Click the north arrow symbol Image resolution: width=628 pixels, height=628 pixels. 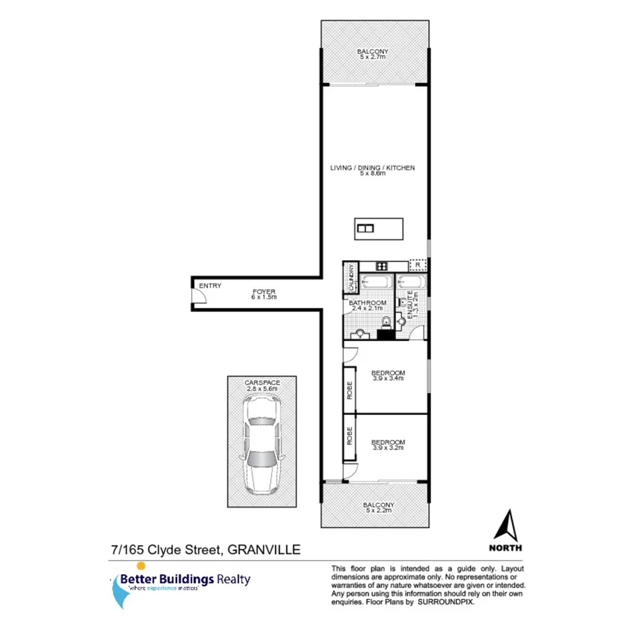tap(509, 525)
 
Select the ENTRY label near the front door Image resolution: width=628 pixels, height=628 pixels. tap(210, 286)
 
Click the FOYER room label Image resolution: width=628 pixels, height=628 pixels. tap(263, 290)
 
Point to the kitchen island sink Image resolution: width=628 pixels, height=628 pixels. tap(366, 228)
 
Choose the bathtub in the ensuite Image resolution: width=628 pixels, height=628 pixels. tap(409, 282)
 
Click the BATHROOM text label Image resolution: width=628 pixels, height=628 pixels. tap(365, 303)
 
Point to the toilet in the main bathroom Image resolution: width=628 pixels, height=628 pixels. tap(386, 321)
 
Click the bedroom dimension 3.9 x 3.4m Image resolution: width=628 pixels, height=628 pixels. tap(387, 379)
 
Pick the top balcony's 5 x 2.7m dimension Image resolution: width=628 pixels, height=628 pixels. tap(373, 58)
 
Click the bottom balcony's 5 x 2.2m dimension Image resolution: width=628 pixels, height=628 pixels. tap(378, 510)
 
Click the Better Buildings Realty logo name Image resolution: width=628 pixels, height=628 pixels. tap(185, 579)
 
